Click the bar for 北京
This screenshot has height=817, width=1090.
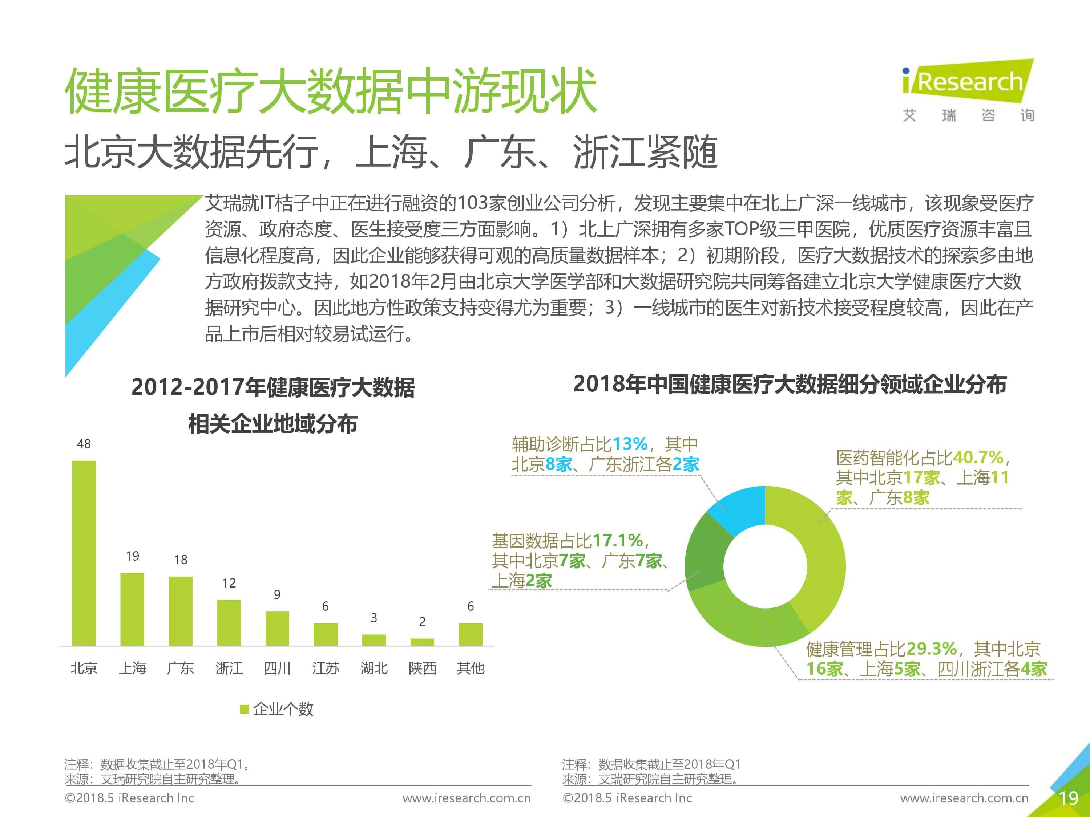coord(84,553)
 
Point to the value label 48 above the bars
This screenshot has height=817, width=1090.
coord(84,444)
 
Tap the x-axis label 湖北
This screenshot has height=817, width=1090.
coord(374,668)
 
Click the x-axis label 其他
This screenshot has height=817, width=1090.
coord(471,668)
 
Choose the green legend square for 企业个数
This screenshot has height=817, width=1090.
coord(245,709)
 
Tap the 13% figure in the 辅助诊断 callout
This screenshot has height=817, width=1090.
coord(629,444)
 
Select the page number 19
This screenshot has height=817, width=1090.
coord(1068,798)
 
